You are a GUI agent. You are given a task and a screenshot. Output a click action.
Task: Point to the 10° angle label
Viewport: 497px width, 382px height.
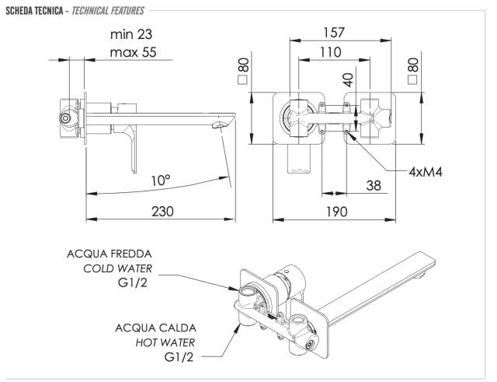161,180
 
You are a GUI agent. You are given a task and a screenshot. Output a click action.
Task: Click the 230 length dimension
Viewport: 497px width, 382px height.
162,212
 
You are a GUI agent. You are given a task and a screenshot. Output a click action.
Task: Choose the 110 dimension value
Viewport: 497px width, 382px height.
332,51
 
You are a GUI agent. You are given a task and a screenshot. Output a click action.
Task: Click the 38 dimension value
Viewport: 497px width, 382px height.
374,186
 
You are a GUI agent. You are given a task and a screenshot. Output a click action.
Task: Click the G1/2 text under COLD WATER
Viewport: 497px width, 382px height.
136,283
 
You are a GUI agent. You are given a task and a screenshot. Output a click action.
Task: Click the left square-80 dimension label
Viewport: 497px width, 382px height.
243,71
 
